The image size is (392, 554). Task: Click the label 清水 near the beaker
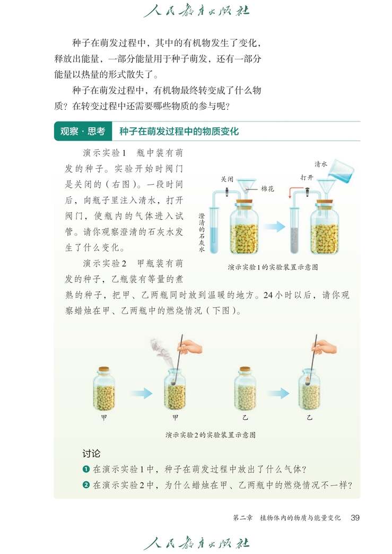point(320,165)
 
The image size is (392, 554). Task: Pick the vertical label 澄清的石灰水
point(201,233)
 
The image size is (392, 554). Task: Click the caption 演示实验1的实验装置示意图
point(272,267)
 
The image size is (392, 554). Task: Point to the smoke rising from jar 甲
point(160,348)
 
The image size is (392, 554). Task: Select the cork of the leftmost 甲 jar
point(104,369)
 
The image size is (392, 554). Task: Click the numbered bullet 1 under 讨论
point(85,469)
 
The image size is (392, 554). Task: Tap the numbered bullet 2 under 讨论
point(85,485)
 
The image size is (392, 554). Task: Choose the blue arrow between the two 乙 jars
point(277,393)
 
